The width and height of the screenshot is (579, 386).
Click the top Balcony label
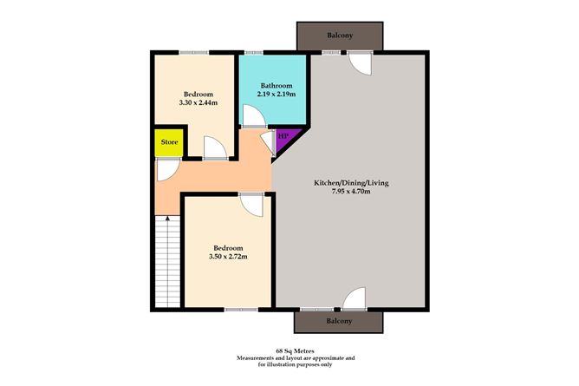[340, 36]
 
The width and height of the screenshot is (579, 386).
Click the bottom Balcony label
[340, 321]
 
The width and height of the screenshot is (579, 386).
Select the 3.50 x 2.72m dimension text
[227, 256]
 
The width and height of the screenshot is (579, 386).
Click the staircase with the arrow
[167, 260]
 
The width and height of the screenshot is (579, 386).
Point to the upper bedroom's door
[216, 148]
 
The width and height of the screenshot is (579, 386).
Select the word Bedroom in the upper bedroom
[197, 94]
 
